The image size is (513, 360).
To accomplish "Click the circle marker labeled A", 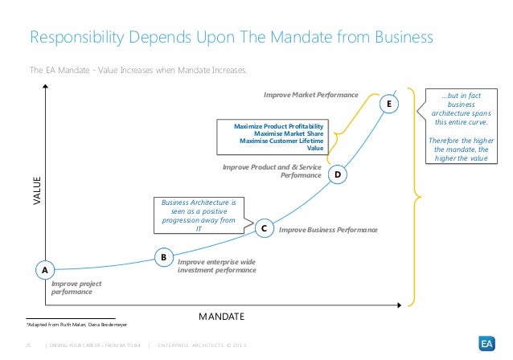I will (x=44, y=271).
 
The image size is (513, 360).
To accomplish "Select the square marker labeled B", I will (x=163, y=257).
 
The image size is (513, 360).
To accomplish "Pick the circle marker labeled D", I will (x=338, y=174).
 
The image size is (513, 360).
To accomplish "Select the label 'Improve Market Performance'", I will (x=310, y=95).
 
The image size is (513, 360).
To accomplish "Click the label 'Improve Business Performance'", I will (x=328, y=230).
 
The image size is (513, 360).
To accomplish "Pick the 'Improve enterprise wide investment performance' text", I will (x=216, y=266).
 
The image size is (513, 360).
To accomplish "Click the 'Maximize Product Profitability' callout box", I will (x=273, y=137).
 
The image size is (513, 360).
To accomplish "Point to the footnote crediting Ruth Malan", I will (x=72, y=324).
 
